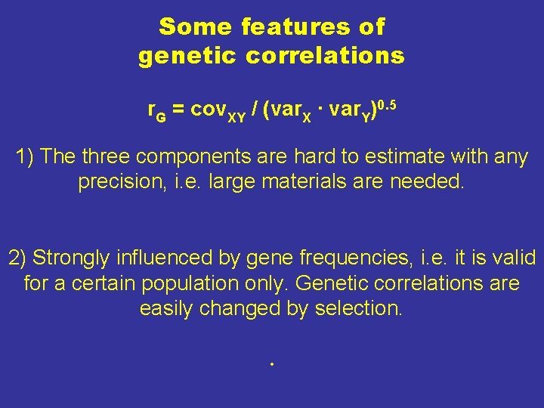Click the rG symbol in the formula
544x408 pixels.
[155, 111]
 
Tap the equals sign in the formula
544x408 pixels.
[178, 110]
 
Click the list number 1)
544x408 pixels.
[25, 158]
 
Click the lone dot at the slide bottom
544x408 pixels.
[270, 366]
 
